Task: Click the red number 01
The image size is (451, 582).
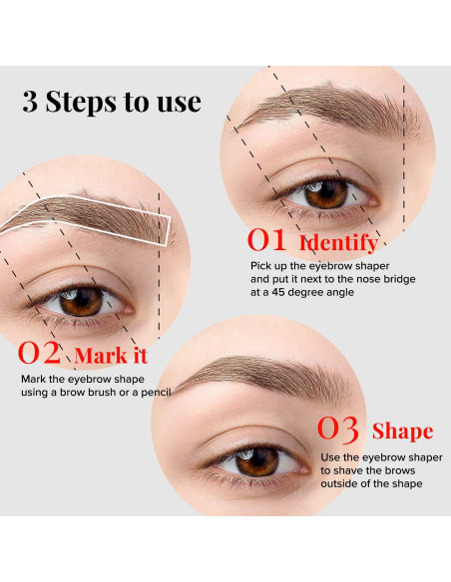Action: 267,240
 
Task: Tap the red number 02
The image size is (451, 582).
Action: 41,354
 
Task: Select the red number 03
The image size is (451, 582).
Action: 338,430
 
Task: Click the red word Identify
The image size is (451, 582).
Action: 338,242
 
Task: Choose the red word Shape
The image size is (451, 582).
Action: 402,432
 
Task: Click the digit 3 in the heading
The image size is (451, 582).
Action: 32,102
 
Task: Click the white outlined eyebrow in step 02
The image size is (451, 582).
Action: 90,217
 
